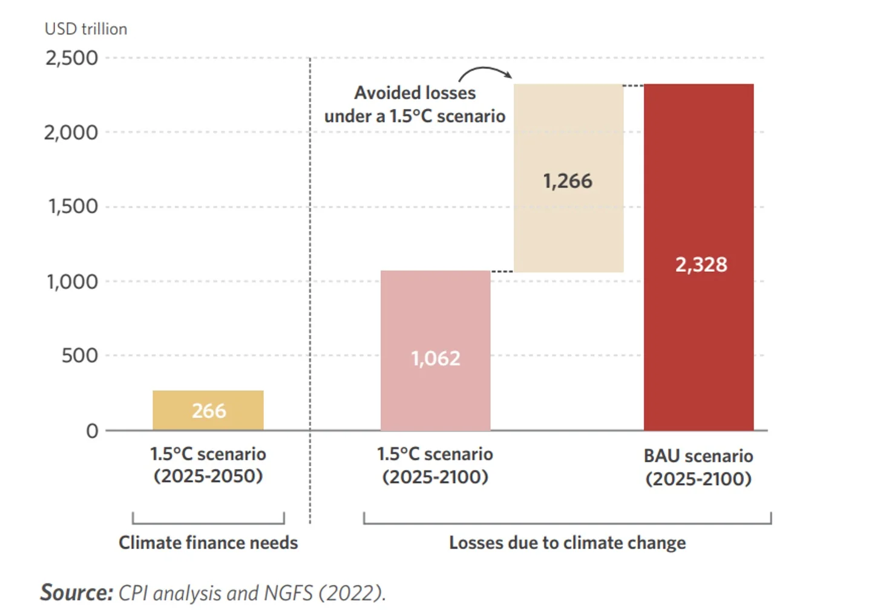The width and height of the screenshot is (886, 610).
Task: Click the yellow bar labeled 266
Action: click(x=208, y=410)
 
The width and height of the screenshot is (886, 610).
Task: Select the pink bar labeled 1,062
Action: click(x=435, y=351)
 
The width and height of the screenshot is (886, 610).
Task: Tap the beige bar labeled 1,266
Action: click(x=568, y=179)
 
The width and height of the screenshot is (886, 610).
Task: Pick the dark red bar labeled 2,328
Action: click(x=698, y=257)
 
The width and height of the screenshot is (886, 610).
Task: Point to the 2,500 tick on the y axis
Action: click(x=71, y=58)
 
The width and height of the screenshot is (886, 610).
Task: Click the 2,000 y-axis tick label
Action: click(x=71, y=133)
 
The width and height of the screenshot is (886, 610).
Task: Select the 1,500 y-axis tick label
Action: click(x=73, y=206)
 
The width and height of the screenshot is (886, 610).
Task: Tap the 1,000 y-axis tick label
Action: click(x=72, y=281)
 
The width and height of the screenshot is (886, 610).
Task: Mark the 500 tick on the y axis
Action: click(x=79, y=355)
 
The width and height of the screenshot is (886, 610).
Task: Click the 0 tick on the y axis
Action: click(x=92, y=431)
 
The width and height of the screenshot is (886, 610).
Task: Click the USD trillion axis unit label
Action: click(x=86, y=29)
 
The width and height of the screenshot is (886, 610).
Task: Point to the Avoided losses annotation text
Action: click(x=415, y=104)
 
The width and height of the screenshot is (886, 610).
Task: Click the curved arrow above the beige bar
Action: click(x=485, y=73)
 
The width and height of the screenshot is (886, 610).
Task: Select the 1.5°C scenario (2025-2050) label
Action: click(x=208, y=465)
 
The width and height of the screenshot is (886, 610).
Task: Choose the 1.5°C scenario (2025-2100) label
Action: click(x=435, y=465)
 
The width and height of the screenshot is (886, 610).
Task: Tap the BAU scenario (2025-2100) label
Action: click(x=698, y=467)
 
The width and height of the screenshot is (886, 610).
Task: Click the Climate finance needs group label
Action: click(x=208, y=543)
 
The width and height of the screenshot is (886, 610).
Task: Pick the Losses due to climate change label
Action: click(x=567, y=543)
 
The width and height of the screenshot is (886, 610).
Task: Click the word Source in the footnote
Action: click(x=76, y=592)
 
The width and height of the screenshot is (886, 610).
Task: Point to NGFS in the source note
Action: click(x=289, y=592)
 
